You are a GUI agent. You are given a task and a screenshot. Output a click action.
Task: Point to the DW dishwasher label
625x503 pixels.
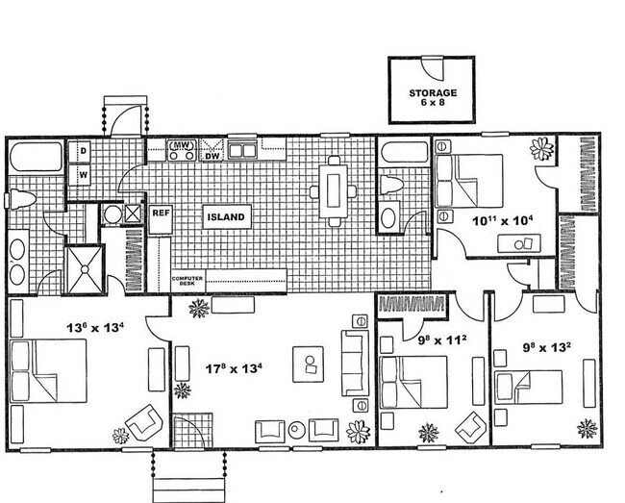tap(212, 155)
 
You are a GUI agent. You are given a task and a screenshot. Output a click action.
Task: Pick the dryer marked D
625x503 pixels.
tap(83, 151)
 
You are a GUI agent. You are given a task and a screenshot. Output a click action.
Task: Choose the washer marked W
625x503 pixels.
tap(83, 175)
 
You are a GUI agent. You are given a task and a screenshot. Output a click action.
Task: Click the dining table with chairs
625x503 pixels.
tap(332, 189)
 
